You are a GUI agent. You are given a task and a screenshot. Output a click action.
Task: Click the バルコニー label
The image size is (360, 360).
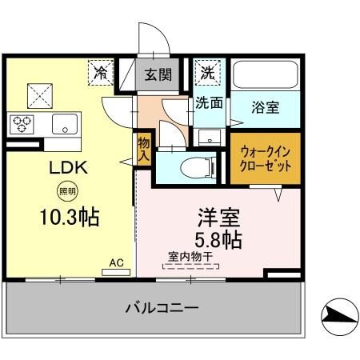162,308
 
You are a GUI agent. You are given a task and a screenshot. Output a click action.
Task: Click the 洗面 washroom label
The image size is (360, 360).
210,103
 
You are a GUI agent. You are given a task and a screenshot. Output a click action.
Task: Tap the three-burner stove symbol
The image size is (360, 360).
22,123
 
